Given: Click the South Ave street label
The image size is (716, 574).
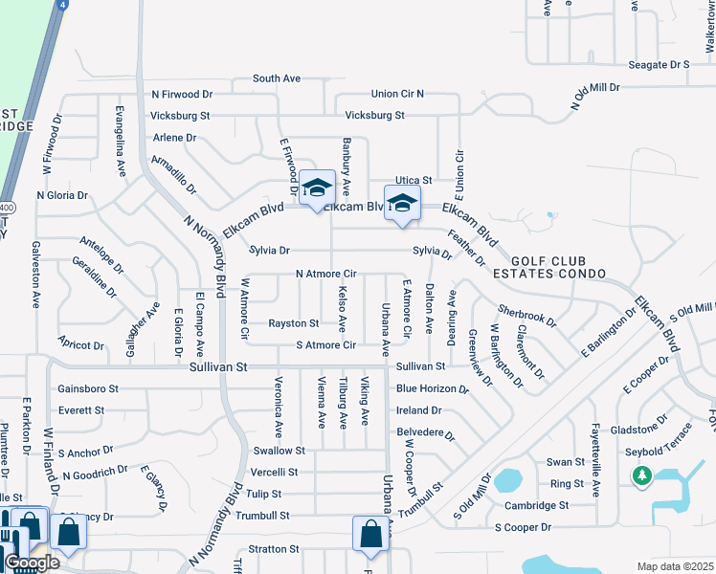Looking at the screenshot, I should coord(277,78).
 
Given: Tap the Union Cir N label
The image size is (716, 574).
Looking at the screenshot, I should coord(397,94).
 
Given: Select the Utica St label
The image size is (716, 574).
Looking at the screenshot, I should coord(414,180).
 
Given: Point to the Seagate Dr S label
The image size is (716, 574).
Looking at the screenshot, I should coord(660,64).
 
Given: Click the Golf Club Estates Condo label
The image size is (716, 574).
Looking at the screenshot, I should coord(559,267).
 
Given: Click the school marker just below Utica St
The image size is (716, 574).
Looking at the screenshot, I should coord(402,203).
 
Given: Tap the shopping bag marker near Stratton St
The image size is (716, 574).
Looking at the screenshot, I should coord(369,535).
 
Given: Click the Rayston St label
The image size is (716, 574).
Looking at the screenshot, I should coord(293,323).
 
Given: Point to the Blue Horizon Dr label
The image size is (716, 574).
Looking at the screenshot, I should coord(433,389).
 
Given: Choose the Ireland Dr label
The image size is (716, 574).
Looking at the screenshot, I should coord(418,409).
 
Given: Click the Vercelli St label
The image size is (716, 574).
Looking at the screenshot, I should coord(274,472).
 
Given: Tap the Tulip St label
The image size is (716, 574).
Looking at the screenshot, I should coord(263,494).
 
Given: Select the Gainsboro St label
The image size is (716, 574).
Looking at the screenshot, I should coord(87,388).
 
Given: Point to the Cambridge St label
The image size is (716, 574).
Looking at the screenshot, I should coord(537,505).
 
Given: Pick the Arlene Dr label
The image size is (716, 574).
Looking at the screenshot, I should coord(174,138).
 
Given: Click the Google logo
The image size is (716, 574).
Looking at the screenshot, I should coord(32,563).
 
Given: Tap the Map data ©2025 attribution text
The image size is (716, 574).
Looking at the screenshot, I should coord(675,566).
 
